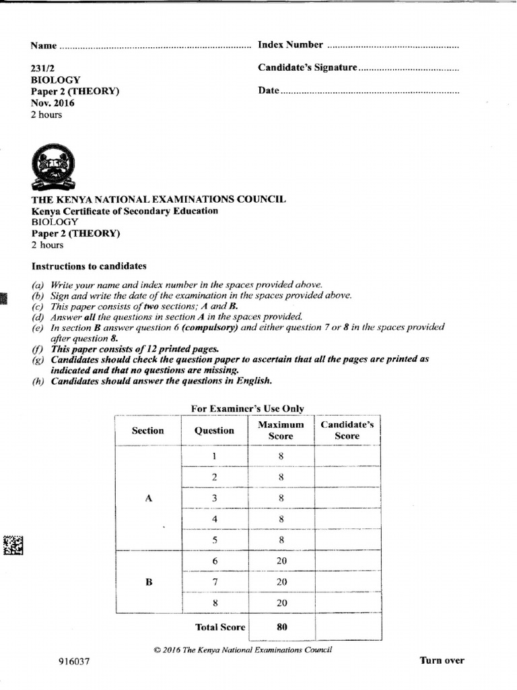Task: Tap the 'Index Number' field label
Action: [x=290, y=45]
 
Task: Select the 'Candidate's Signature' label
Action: [x=307, y=68]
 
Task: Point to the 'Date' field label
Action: [x=268, y=90]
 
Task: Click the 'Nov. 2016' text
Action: [x=53, y=103]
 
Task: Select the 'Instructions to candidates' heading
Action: [x=89, y=266]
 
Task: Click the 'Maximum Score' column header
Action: [x=281, y=430]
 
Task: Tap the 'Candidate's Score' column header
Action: [x=347, y=430]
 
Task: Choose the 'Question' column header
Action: [x=214, y=431]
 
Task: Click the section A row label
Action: [x=149, y=498]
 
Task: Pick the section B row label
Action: [x=149, y=582]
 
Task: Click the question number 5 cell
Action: [x=214, y=540]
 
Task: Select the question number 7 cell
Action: [x=214, y=582]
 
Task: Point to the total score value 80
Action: [x=281, y=627]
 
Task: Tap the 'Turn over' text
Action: [x=442, y=660]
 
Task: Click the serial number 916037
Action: [x=74, y=662]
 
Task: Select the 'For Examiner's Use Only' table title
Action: [x=247, y=408]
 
